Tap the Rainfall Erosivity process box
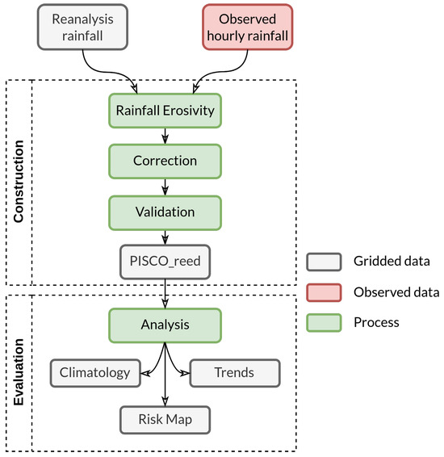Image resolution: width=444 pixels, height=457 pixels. tap(165, 111)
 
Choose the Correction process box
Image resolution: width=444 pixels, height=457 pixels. tap(165, 161)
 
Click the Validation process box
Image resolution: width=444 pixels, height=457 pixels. tap(165, 212)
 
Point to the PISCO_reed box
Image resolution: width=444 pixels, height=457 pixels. tap(165, 261)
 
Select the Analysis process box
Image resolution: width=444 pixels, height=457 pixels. tap(165, 325)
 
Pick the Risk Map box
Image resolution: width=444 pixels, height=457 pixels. tap(165, 419)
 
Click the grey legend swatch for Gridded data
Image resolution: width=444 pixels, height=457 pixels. tap(322, 262)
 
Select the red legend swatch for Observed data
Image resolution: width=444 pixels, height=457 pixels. tap(322, 291)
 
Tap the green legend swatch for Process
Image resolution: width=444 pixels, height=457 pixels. tap(322, 321)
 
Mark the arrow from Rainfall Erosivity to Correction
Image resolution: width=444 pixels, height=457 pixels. tap(165, 136)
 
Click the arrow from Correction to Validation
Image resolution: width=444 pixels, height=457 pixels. tap(165, 186)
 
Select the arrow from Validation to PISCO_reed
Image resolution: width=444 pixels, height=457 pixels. tap(165, 236)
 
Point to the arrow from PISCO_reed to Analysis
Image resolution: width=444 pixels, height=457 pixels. tap(165, 292)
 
